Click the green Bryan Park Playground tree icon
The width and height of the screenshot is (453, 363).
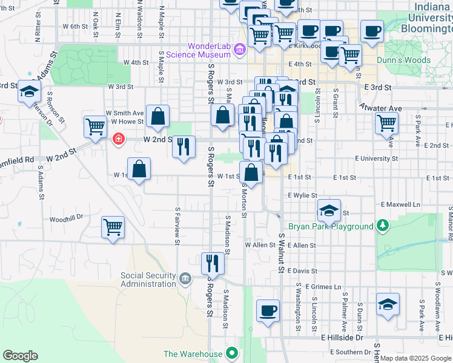tap(382, 226)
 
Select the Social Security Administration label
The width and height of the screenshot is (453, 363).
tap(148, 280)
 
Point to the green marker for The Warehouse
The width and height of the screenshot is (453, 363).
tap(231, 353)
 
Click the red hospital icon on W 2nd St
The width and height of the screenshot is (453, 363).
tap(118, 140)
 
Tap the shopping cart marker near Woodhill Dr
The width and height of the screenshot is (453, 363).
tap(113, 227)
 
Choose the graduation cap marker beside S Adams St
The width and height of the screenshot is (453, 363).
tap(28, 92)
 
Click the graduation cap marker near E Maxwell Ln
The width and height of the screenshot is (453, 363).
tap(329, 211)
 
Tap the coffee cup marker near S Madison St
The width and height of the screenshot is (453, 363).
tap(268, 311)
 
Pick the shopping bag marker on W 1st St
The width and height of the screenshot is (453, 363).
tap(139, 169)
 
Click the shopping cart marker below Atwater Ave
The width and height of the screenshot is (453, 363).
tap(386, 123)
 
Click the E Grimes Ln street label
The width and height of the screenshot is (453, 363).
tap(323, 286)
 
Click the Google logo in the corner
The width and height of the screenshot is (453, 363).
tap(20, 355)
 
